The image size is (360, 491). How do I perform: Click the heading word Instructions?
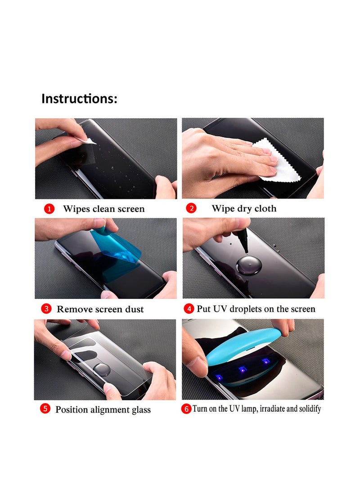click(79, 99)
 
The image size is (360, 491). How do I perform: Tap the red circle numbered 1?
click(49, 209)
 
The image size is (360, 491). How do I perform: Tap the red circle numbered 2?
click(192, 208)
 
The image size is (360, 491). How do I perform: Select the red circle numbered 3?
click(46, 309)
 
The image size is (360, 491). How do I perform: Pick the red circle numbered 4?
click(189, 309)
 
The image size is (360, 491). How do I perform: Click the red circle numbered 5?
click(45, 409)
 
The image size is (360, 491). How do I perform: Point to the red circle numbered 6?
click(186, 409)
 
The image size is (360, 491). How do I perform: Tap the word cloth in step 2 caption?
click(265, 209)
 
